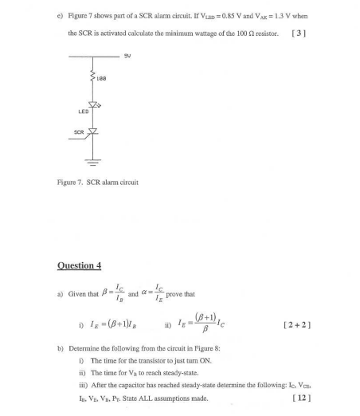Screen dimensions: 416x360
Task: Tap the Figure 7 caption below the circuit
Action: point(97,182)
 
